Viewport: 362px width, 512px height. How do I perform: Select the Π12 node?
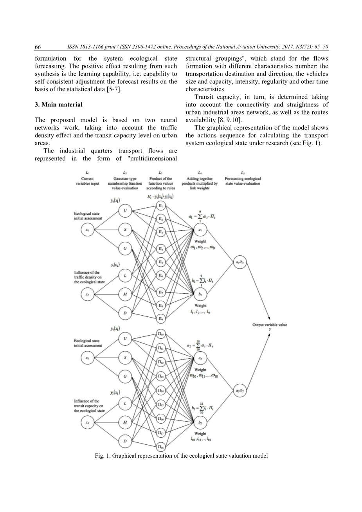tap(161, 362)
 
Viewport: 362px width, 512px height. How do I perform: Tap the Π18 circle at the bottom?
tap(161, 446)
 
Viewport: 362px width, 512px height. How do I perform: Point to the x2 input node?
tap(87, 294)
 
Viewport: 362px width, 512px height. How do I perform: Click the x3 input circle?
tap(87, 422)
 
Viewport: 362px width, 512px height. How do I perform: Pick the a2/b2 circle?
tap(239, 390)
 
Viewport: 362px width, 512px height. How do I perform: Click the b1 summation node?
tap(200, 294)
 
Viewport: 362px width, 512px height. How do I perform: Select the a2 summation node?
tap(200, 358)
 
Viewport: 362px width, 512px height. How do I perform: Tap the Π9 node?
tap(161, 319)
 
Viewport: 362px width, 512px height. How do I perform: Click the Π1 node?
tap(161, 205)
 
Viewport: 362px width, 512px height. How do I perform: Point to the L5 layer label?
tap(243, 172)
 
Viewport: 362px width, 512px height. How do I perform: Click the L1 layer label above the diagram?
tap(87, 172)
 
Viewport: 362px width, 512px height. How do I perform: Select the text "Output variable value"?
tap(269, 325)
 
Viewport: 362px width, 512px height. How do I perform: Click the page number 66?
tap(38, 47)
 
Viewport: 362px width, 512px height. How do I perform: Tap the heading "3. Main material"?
tap(58, 104)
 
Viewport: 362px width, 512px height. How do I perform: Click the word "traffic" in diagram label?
tap(80, 277)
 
